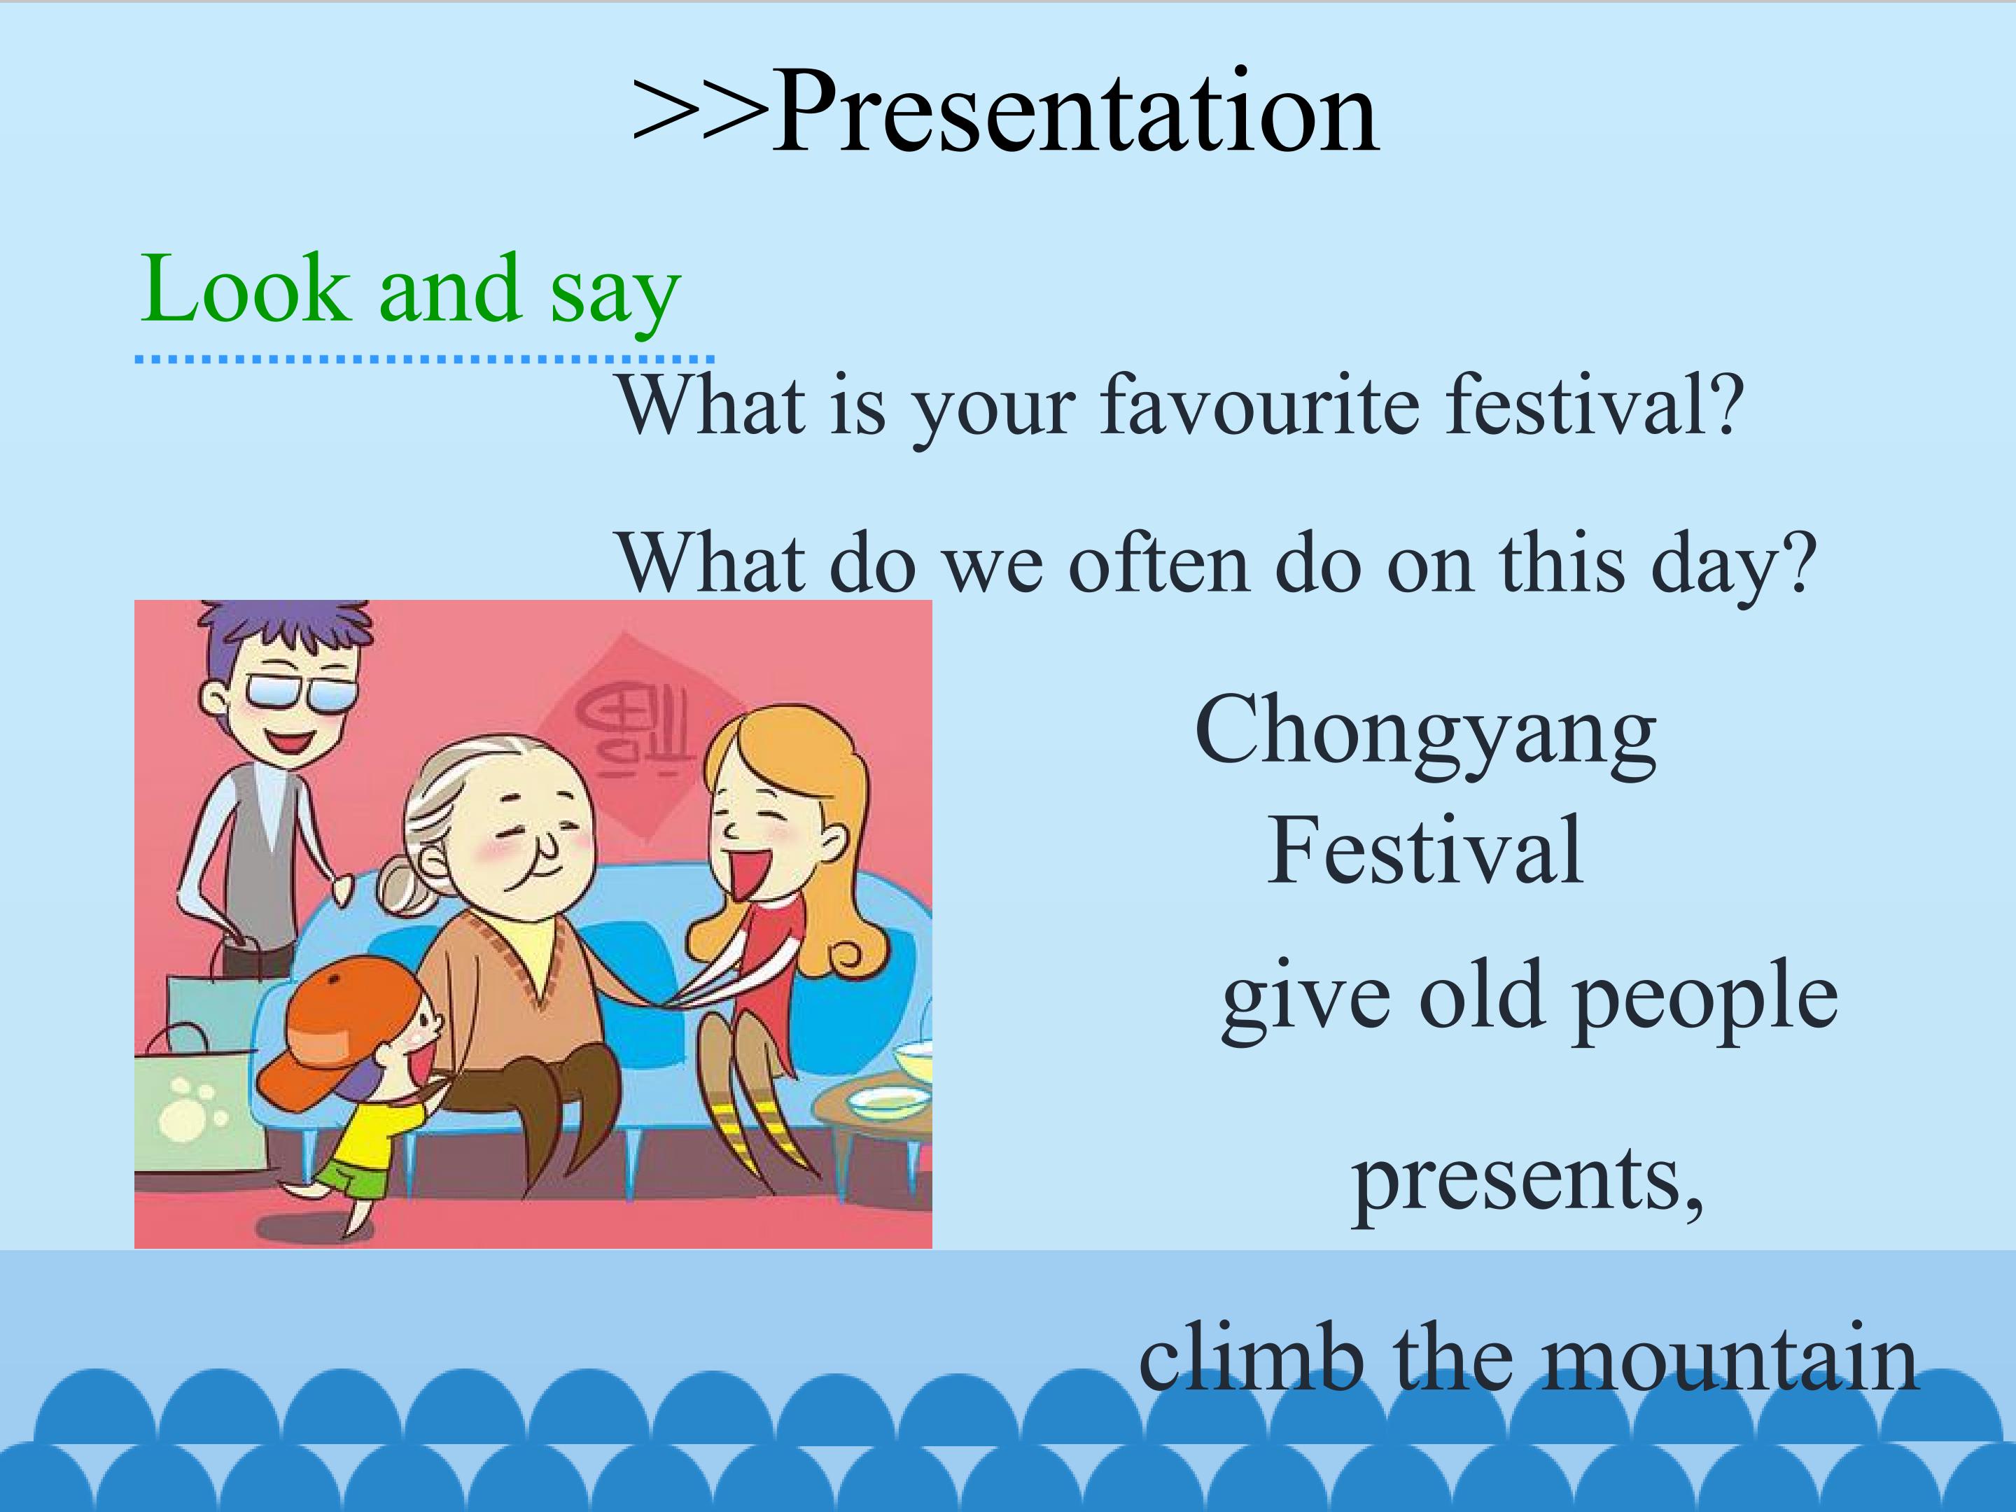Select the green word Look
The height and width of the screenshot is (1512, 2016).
tap(245, 288)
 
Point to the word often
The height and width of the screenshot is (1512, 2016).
tap(1158, 563)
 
